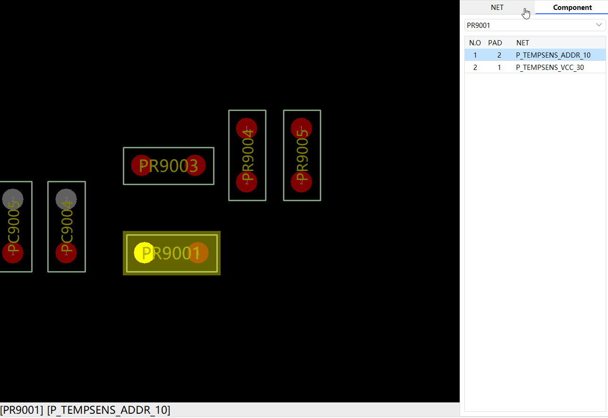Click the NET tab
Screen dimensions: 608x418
point(497,8)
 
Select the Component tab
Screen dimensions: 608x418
point(572,8)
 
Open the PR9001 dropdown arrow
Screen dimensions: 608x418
point(599,25)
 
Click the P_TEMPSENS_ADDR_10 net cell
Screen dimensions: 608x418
point(553,55)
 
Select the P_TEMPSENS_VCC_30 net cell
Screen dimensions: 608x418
point(549,68)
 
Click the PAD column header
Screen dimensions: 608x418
point(495,43)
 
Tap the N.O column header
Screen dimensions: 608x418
point(475,43)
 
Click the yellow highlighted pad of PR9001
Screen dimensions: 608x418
point(144,253)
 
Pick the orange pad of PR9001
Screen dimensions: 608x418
point(198,253)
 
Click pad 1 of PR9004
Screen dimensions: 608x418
point(247,128)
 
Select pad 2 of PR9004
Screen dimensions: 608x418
point(247,182)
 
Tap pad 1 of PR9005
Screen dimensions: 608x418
point(301,128)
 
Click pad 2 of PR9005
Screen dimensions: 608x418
point(301,182)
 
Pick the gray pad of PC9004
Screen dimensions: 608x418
point(66,199)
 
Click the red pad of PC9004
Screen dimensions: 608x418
point(66,253)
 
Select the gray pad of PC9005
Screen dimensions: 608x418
point(13,199)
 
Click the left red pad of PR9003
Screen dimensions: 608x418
point(141,165)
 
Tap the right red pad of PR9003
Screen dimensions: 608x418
point(195,165)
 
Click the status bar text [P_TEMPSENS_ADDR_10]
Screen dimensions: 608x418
point(109,410)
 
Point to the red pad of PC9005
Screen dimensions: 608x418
point(13,253)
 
